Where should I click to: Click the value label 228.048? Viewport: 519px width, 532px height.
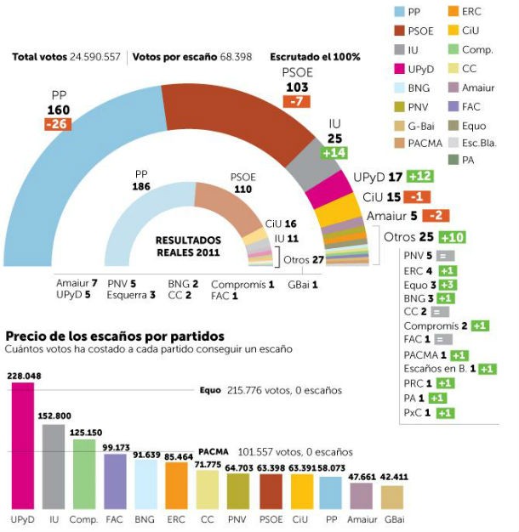[23, 375]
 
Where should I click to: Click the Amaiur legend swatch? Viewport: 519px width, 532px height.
[453, 88]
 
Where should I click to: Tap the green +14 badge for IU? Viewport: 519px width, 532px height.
[334, 153]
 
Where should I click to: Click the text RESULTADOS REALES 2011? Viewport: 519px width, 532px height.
[188, 246]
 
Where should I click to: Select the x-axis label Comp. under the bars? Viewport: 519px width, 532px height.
[84, 517]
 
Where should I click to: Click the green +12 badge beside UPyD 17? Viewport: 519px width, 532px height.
[421, 176]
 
